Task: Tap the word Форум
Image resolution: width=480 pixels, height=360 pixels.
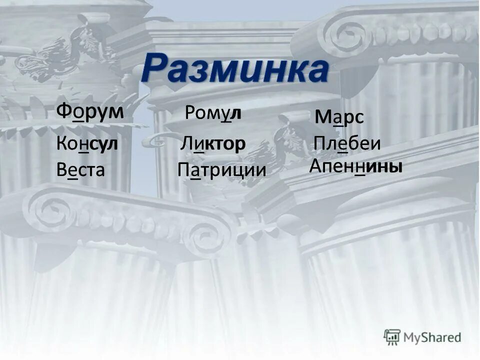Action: click(x=90, y=110)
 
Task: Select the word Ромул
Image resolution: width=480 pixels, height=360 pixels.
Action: click(x=213, y=113)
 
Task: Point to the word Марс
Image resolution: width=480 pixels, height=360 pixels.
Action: click(x=339, y=118)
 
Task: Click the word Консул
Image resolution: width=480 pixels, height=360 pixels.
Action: click(x=87, y=144)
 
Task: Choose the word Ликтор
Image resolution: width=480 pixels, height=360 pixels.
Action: click(x=213, y=144)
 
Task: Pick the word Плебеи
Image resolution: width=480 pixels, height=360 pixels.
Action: click(x=347, y=144)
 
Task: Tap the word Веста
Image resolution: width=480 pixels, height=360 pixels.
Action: click(x=80, y=170)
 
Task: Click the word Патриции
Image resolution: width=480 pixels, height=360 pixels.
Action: click(x=221, y=170)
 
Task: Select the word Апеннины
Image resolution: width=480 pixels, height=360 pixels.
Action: click(x=356, y=166)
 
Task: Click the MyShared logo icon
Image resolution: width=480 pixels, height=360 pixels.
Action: click(x=392, y=336)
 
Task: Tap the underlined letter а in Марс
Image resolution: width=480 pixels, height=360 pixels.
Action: click(x=337, y=119)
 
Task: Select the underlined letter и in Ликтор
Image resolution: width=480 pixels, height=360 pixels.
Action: click(x=198, y=144)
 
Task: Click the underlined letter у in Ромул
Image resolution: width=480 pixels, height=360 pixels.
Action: click(x=226, y=114)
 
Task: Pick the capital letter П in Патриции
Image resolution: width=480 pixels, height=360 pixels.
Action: click(x=182, y=170)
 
